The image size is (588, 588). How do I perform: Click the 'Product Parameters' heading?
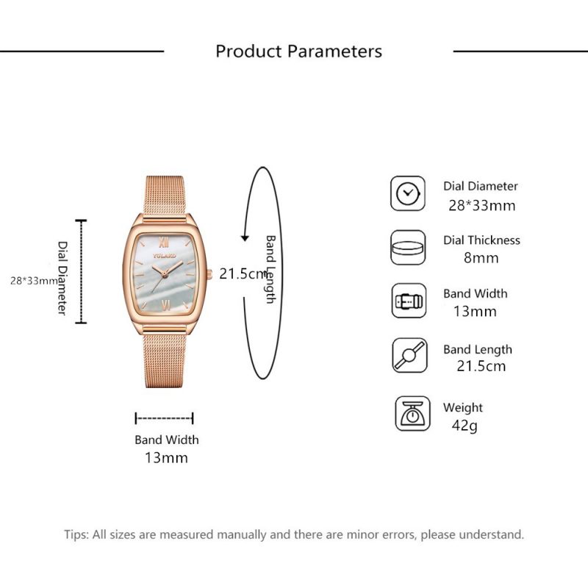click(298, 51)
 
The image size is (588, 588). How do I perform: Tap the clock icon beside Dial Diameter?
click(408, 193)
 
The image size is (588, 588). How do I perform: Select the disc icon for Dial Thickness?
click(408, 248)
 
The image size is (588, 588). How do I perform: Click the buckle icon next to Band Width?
click(409, 301)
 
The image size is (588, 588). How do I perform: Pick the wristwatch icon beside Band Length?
click(409, 355)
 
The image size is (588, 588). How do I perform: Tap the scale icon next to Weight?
click(412, 413)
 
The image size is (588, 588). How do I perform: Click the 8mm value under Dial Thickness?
click(481, 258)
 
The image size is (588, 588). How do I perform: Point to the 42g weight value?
click(465, 426)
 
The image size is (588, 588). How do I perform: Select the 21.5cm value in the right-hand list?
click(481, 366)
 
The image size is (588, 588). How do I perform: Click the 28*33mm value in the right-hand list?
click(482, 206)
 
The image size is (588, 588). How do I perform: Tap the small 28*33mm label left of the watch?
click(34, 281)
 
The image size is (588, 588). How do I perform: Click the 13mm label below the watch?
click(166, 458)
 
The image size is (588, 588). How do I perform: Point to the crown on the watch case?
click(209, 274)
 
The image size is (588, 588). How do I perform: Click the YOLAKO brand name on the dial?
click(164, 256)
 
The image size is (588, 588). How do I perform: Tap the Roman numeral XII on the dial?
click(163, 243)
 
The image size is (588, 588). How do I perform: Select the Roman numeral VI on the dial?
click(164, 304)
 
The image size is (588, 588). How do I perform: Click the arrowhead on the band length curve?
click(245, 238)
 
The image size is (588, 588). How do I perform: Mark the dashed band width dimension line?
click(164, 418)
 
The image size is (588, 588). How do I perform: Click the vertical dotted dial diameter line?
click(81, 271)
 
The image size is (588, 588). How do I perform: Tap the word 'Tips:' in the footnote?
click(76, 535)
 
